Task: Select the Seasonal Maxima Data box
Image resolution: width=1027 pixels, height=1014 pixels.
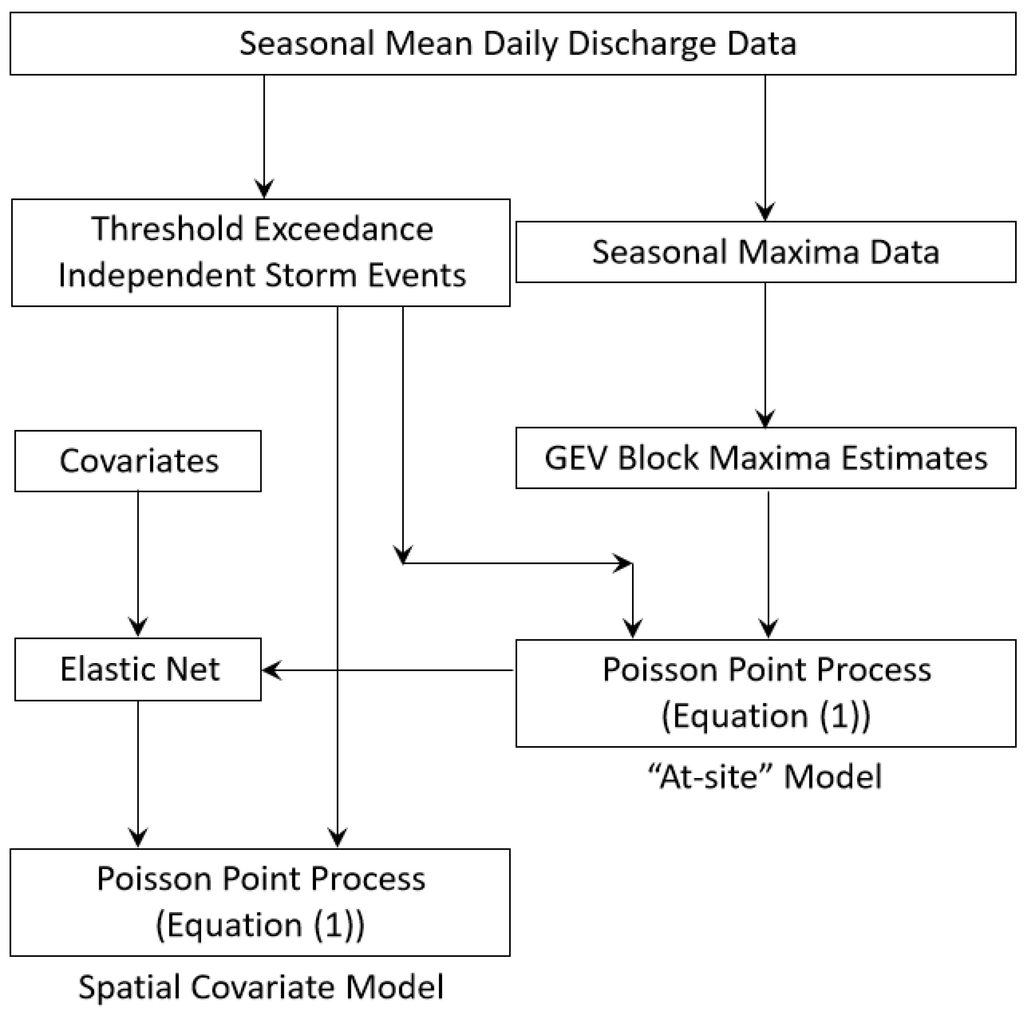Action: coord(765,252)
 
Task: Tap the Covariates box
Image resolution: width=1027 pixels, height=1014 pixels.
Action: coord(138,460)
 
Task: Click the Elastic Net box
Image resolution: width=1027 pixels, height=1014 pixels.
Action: coord(138,669)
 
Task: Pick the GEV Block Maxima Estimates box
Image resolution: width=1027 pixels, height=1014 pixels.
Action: coord(765,458)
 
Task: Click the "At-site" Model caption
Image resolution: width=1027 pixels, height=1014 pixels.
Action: coord(765,777)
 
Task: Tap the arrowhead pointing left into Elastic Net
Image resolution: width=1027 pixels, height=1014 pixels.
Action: coord(271,670)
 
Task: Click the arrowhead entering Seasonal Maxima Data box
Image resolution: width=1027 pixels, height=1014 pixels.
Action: coord(765,211)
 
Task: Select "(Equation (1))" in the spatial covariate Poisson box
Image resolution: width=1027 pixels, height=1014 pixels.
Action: coord(260,926)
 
